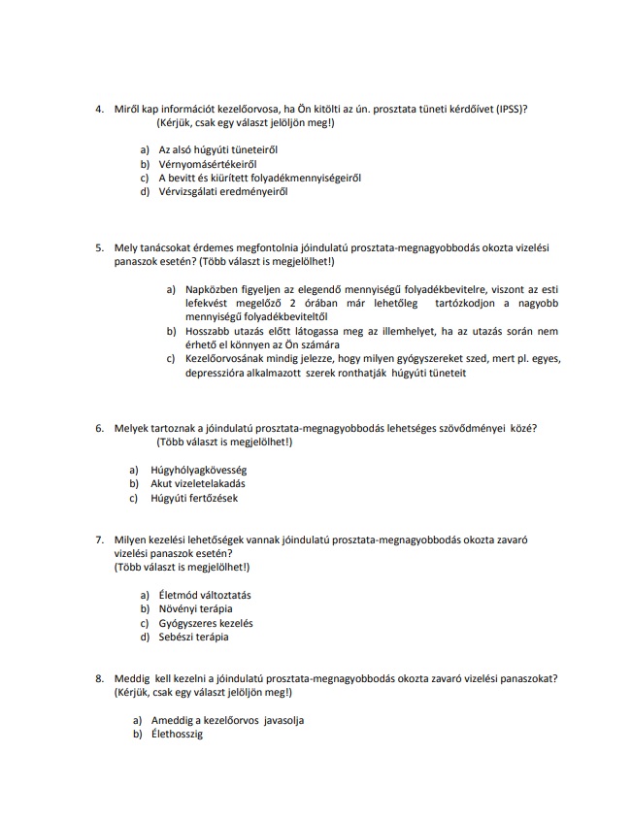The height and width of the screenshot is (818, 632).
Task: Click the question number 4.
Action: tap(99, 109)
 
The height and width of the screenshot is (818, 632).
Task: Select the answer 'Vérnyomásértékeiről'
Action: tap(200, 164)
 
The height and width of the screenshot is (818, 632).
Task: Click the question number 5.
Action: tap(99, 247)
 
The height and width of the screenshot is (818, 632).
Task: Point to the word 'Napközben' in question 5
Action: tap(211, 289)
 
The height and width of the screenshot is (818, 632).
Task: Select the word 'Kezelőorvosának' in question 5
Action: tap(225, 358)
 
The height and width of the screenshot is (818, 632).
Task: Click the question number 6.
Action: tap(99, 428)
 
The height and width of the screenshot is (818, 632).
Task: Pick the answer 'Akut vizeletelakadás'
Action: tap(198, 483)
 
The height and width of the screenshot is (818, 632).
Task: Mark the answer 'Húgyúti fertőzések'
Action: tap(194, 498)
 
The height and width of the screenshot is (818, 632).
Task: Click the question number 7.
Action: tap(99, 540)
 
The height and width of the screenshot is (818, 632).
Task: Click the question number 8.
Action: tap(99, 678)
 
